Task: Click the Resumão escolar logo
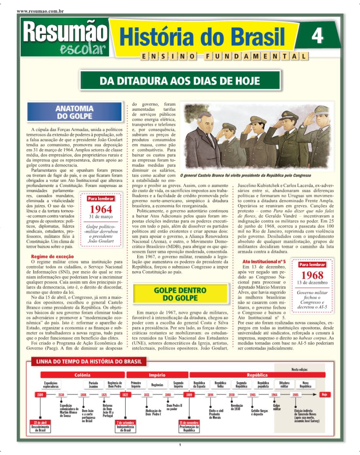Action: pos(64,38)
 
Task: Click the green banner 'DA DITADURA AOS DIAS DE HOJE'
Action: pos(180,81)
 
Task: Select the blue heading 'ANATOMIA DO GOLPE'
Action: pos(74,112)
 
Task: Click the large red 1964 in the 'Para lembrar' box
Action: pos(101,209)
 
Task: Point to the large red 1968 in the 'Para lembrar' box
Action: pos(312,275)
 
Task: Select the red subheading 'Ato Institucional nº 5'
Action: pos(264,262)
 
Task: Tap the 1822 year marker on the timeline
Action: pos(125,394)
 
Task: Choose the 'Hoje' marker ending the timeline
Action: pos(324,394)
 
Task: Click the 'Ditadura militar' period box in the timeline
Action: pos(284,384)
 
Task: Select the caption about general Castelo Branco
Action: pos(245,175)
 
